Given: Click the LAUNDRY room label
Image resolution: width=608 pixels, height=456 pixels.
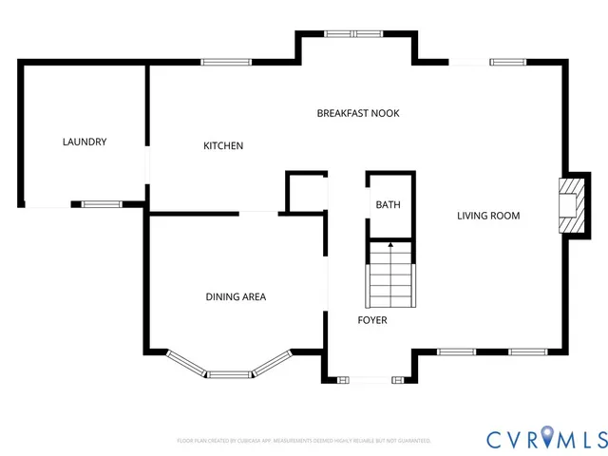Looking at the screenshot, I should pos(85,142).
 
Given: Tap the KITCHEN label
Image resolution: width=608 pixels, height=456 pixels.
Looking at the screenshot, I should pos(223,146).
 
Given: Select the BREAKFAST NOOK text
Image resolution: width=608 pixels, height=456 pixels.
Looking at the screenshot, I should pos(357,113).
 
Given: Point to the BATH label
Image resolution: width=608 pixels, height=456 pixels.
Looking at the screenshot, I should pos(388,205).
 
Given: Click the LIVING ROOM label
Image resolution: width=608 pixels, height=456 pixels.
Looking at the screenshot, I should pos(488,216).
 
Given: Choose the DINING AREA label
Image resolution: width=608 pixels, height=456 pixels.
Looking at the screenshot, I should pos(236,297).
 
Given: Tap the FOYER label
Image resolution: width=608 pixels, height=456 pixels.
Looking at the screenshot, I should pos(371,320).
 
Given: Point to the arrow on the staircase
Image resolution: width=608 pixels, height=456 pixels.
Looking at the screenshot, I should pos(390,247).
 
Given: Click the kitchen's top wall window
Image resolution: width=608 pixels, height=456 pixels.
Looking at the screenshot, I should pos(225,63).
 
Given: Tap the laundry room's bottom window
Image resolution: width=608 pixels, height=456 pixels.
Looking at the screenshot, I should pos(101,203).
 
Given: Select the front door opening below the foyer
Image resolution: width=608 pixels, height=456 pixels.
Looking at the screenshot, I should pos(370,380).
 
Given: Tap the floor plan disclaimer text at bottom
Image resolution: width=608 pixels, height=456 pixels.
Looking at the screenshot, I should pos(304,441).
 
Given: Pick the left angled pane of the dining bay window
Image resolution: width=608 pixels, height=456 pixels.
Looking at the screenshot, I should pos(185,364).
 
